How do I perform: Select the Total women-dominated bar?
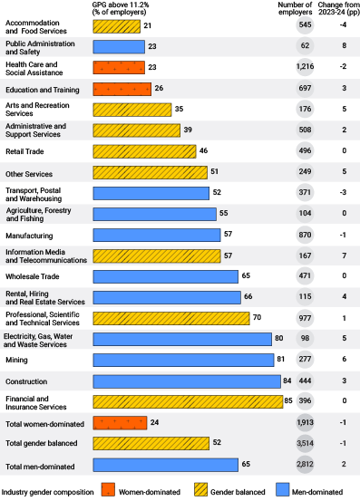pyautogui.click(x=119, y=423)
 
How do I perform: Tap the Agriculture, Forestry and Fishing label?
pyautogui.click(x=37, y=214)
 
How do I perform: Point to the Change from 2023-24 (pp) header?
pyautogui.click(x=341, y=9)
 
